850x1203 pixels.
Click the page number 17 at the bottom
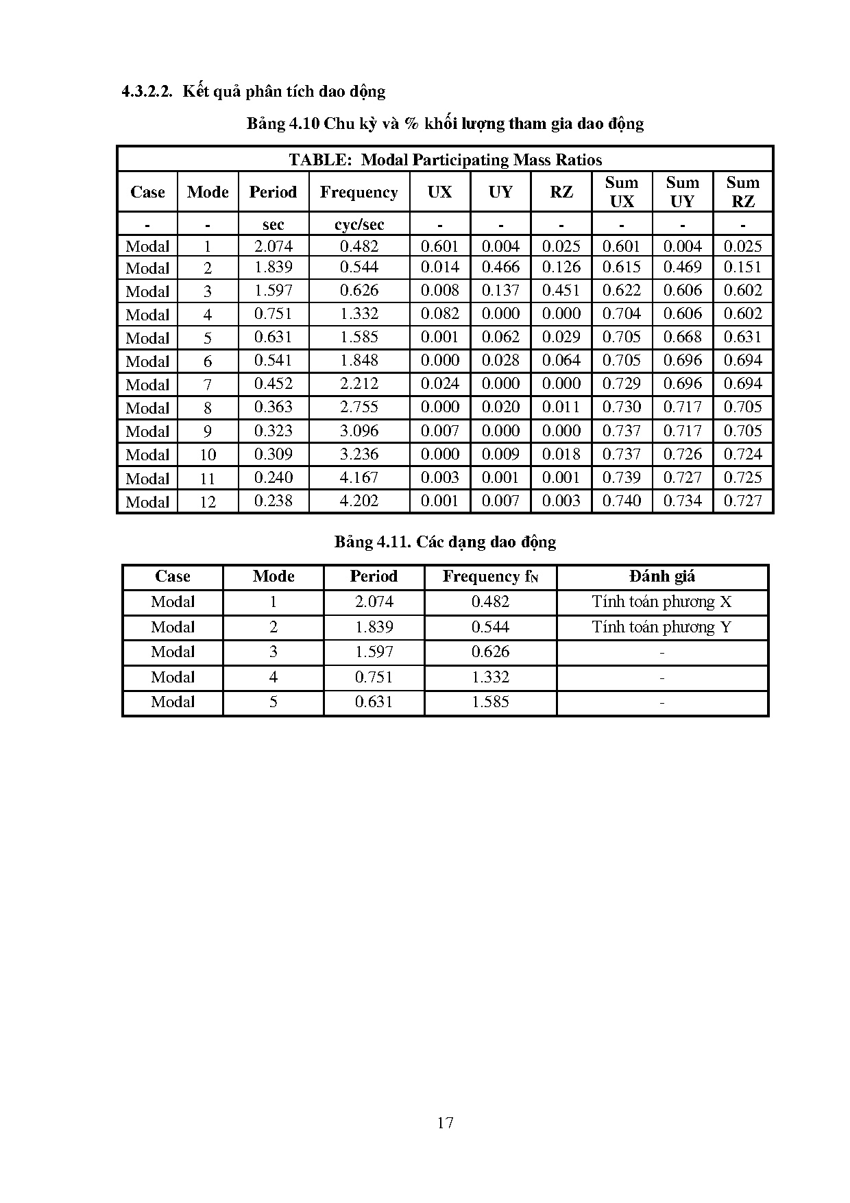click(x=445, y=1122)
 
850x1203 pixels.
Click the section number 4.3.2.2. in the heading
click(x=146, y=92)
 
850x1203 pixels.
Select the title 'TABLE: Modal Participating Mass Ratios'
click(x=445, y=160)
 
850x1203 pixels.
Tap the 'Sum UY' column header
click(x=682, y=192)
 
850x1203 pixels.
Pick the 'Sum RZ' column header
click(x=743, y=192)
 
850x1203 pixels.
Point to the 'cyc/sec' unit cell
click(x=359, y=224)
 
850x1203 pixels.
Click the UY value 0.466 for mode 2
click(x=500, y=267)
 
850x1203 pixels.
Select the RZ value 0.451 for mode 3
click(x=561, y=291)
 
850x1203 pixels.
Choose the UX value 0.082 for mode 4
click(x=440, y=314)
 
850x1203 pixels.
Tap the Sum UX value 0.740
click(x=622, y=501)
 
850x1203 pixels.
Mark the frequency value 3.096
click(x=359, y=431)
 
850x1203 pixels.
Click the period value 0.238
click(x=273, y=501)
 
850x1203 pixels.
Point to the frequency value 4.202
click(x=359, y=501)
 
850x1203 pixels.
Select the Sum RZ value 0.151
click(x=743, y=267)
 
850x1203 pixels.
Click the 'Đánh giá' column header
click(x=661, y=577)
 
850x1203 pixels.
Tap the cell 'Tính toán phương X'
click(x=661, y=602)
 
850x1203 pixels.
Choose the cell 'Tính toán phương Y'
click(x=661, y=628)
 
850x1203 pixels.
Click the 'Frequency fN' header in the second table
click(x=490, y=577)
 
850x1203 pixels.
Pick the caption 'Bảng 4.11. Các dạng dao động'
click(x=445, y=542)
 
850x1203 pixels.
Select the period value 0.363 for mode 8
click(x=273, y=407)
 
